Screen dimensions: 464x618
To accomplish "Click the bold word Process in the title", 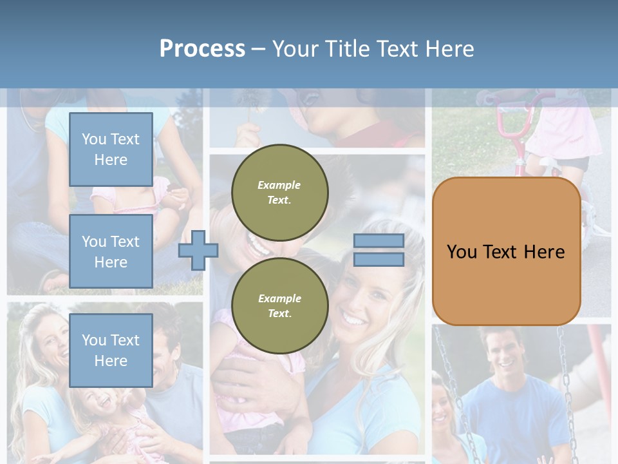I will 202,48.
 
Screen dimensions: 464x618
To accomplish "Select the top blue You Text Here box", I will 111,150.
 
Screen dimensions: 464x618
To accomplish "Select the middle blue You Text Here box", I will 111,251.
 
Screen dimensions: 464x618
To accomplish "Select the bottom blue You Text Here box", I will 111,351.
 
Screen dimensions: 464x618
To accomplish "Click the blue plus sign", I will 198,251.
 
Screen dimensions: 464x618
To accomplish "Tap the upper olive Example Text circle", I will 279,192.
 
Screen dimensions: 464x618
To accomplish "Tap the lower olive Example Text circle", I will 279,305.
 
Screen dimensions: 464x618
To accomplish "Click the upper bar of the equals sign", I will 379,241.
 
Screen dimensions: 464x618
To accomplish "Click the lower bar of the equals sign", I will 379,259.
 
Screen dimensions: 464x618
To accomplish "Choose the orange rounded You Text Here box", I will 506,251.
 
